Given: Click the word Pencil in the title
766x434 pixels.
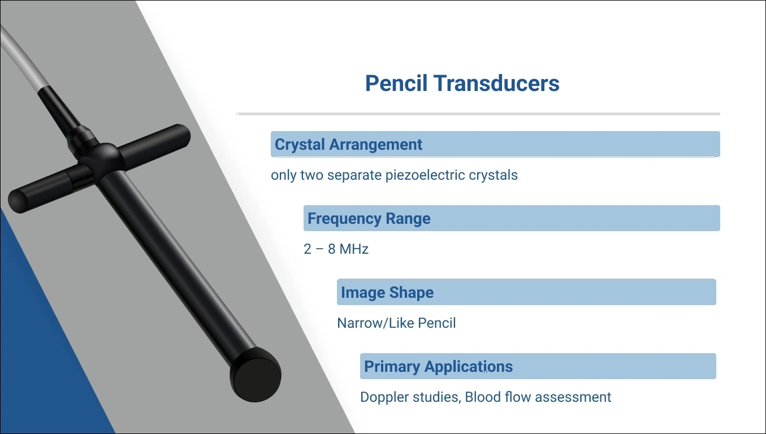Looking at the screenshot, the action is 396,83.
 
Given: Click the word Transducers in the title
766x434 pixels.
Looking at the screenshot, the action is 496,83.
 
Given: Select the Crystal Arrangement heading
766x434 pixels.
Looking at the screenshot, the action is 348,144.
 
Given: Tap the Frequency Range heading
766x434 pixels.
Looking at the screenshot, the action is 369,218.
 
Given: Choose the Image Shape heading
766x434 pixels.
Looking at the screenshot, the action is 387,293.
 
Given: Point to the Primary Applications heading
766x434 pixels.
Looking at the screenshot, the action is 438,366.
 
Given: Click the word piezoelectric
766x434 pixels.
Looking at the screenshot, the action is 425,175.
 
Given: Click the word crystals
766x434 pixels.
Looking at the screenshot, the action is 493,175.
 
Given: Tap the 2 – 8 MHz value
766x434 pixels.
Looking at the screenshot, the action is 336,249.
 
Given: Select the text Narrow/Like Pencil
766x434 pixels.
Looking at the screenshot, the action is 396,323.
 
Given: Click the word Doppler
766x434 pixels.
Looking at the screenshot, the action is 385,397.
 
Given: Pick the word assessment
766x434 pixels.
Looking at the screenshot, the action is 573,397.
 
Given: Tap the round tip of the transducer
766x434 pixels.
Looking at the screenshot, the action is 256,375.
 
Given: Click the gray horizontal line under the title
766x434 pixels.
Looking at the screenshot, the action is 478,114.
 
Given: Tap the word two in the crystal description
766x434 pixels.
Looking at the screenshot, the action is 311,175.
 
